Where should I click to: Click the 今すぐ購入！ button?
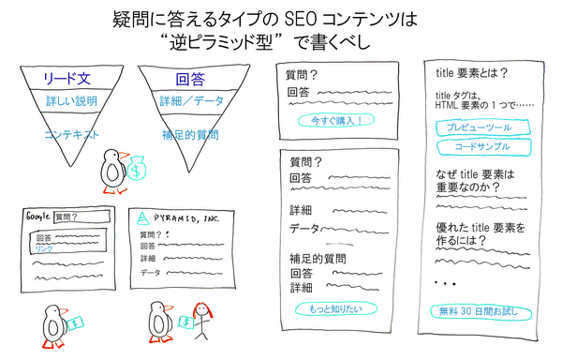(x=329, y=121)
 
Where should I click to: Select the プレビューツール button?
(x=485, y=126)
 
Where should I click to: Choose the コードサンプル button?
(x=485, y=146)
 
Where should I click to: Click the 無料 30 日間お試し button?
(x=483, y=311)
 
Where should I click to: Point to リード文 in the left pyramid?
(x=72, y=79)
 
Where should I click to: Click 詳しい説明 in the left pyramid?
(x=72, y=99)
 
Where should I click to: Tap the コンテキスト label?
(x=72, y=135)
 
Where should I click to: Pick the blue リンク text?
(x=43, y=249)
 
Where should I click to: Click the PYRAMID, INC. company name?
(x=188, y=215)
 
